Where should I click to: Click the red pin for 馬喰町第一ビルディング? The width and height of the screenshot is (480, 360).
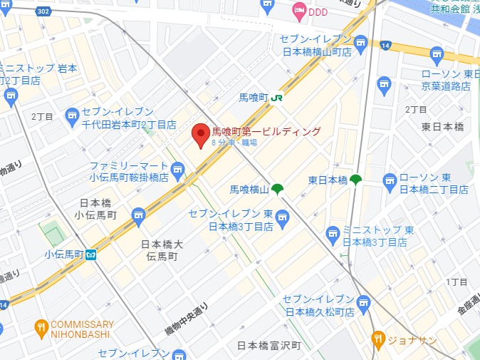[x=202, y=134]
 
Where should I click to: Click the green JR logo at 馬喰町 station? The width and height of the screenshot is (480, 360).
[x=278, y=97]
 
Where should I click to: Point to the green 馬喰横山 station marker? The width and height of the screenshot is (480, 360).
[x=277, y=189]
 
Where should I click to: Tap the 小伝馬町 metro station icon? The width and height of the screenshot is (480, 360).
[x=91, y=254]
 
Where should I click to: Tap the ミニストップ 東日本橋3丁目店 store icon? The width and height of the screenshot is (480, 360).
[x=333, y=232]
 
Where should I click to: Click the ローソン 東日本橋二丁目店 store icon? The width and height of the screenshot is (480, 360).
[x=390, y=181]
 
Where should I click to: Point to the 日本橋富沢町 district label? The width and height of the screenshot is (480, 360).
[x=270, y=346]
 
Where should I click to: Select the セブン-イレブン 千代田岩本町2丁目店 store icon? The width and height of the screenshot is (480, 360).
[x=72, y=115]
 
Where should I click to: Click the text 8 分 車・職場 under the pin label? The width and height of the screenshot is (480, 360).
[x=234, y=143]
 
